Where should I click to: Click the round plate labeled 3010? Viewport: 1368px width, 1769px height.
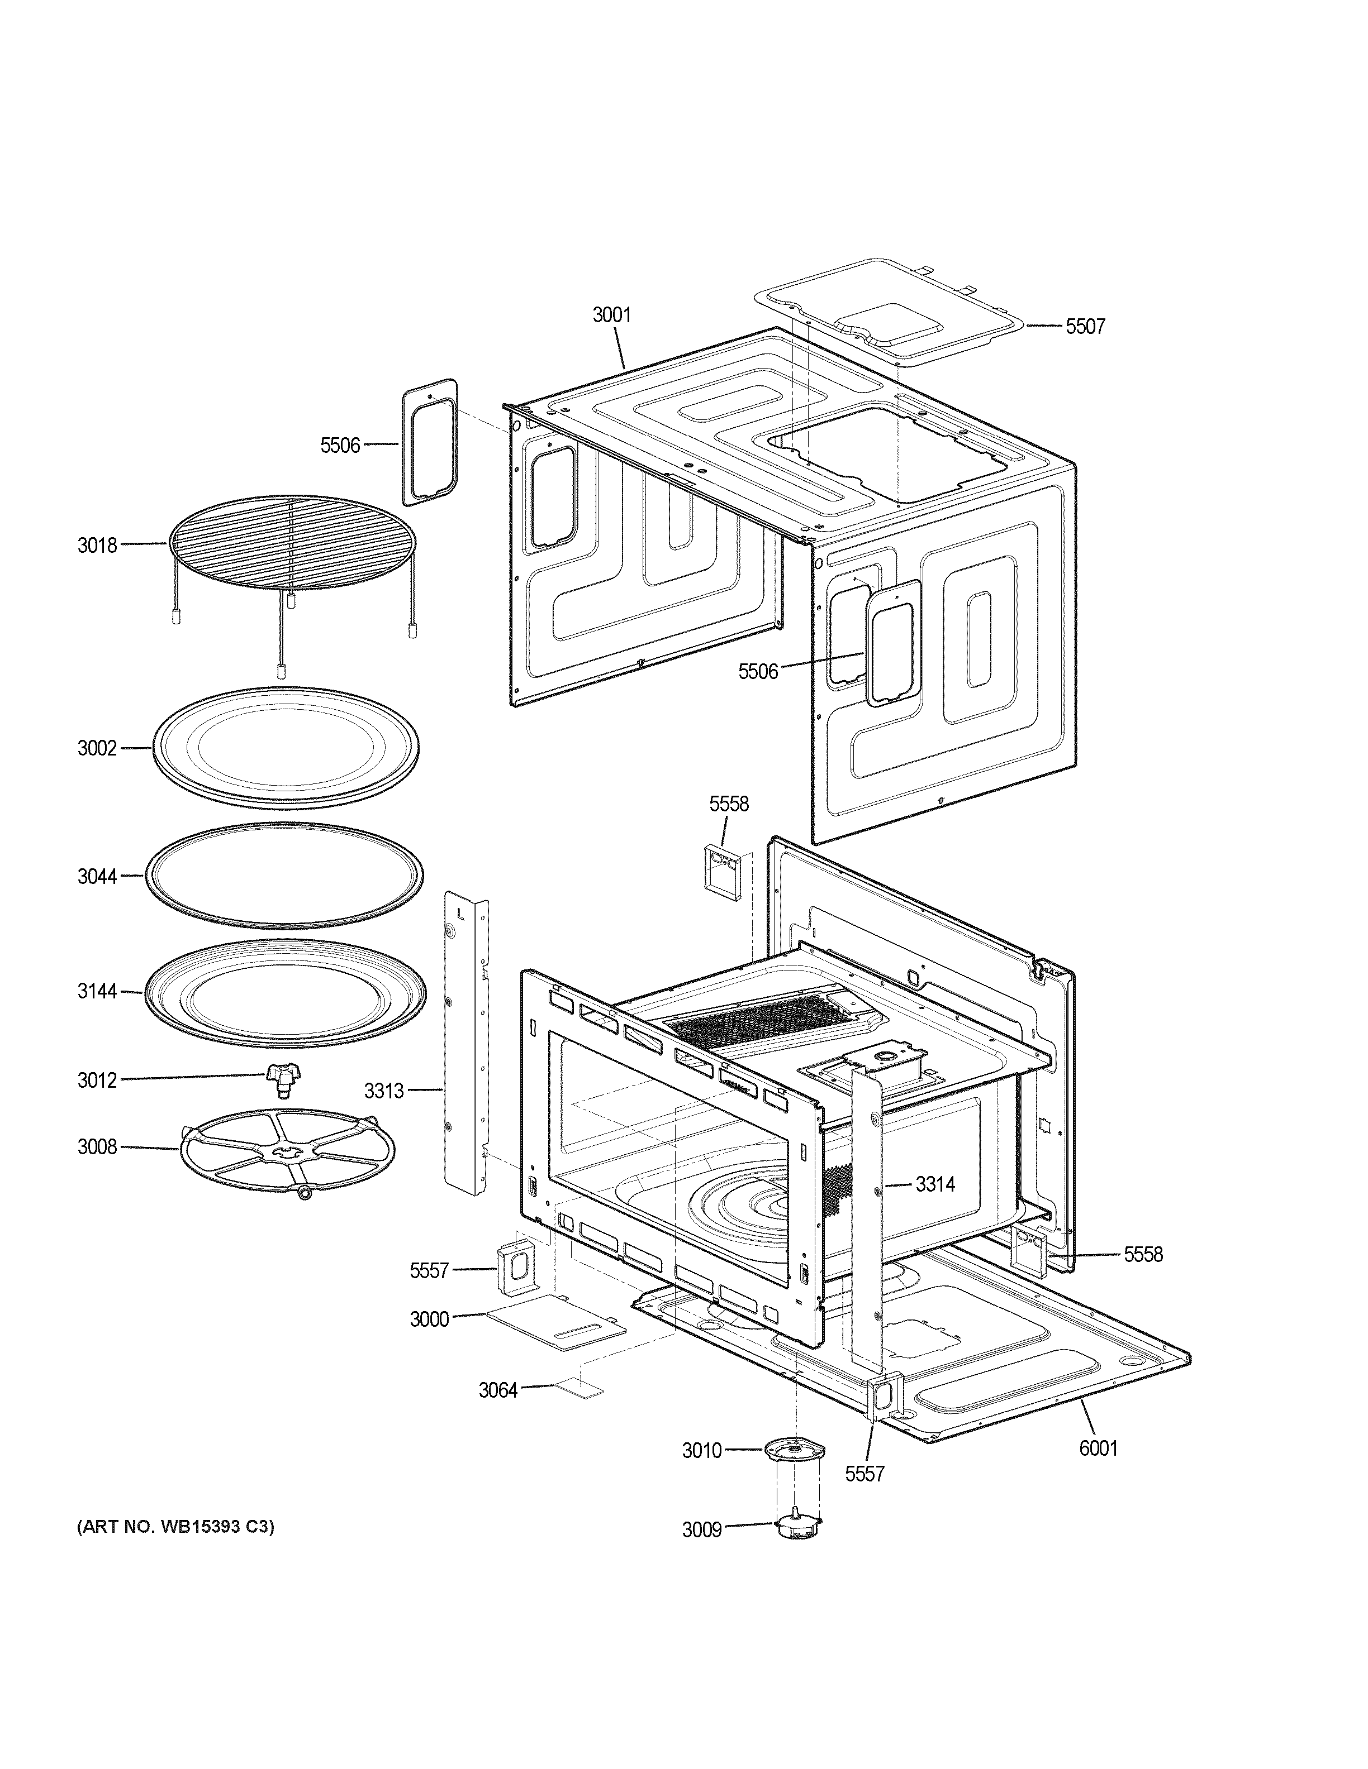click(x=794, y=1449)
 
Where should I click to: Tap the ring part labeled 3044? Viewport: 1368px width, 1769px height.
click(x=284, y=876)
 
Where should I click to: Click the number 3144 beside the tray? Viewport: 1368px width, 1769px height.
click(x=97, y=991)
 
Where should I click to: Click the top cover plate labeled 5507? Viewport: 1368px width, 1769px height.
click(x=887, y=312)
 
